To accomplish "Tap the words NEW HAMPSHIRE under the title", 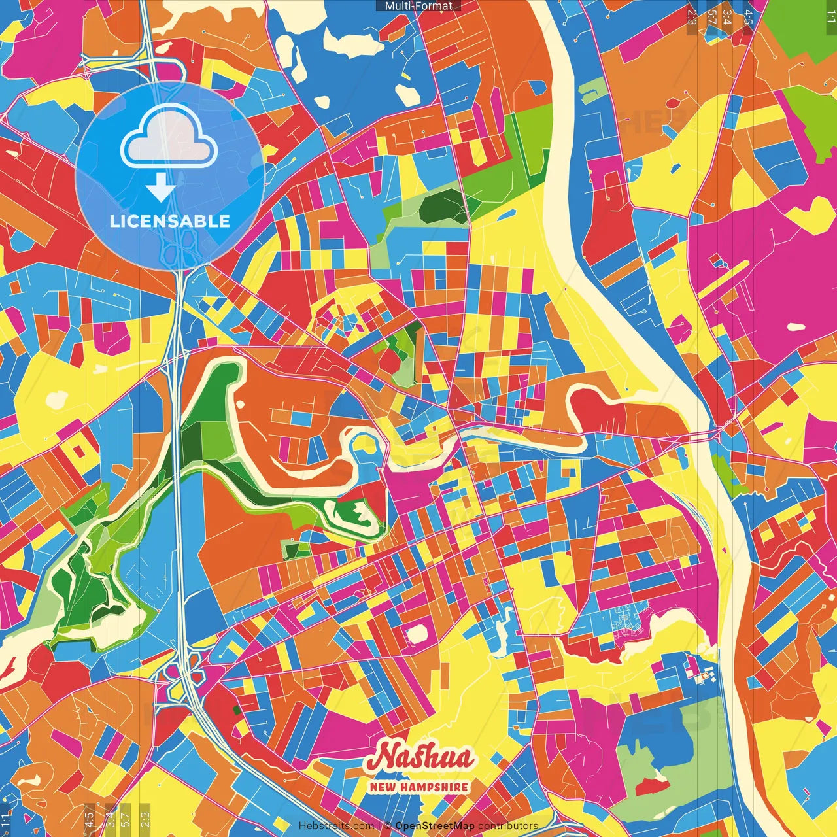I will coord(419,787).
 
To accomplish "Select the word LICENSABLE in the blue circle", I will coord(170,221).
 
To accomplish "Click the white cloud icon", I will coord(169,136).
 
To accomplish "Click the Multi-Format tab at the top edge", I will coord(418,6).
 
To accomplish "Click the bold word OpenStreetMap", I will coord(435,826).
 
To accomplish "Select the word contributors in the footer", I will coord(508,826).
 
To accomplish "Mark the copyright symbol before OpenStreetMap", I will coord(388,826).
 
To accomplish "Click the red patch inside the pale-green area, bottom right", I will coord(652,785).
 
